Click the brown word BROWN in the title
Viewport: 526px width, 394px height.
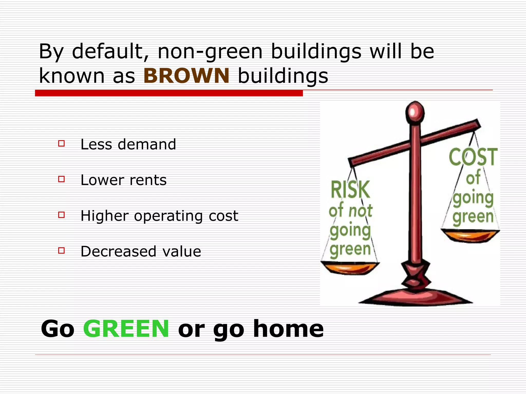pos(186,76)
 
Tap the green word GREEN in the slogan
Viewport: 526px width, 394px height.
pos(126,329)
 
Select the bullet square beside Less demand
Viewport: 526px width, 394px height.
pos(61,143)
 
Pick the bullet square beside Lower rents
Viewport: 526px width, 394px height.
pos(61,179)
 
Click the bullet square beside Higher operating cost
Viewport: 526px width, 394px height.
pos(61,215)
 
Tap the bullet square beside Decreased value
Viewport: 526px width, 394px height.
pos(61,250)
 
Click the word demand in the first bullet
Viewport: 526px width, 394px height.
pos(147,144)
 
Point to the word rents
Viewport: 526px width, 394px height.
pos(148,180)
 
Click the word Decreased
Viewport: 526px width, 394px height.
pos(118,251)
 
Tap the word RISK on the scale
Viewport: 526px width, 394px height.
pos(350,190)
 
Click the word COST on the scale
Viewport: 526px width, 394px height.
pos(473,157)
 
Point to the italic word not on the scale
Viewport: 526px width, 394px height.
pos(360,211)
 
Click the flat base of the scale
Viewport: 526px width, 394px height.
pos(416,298)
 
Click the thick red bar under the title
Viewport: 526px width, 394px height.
pos(169,93)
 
